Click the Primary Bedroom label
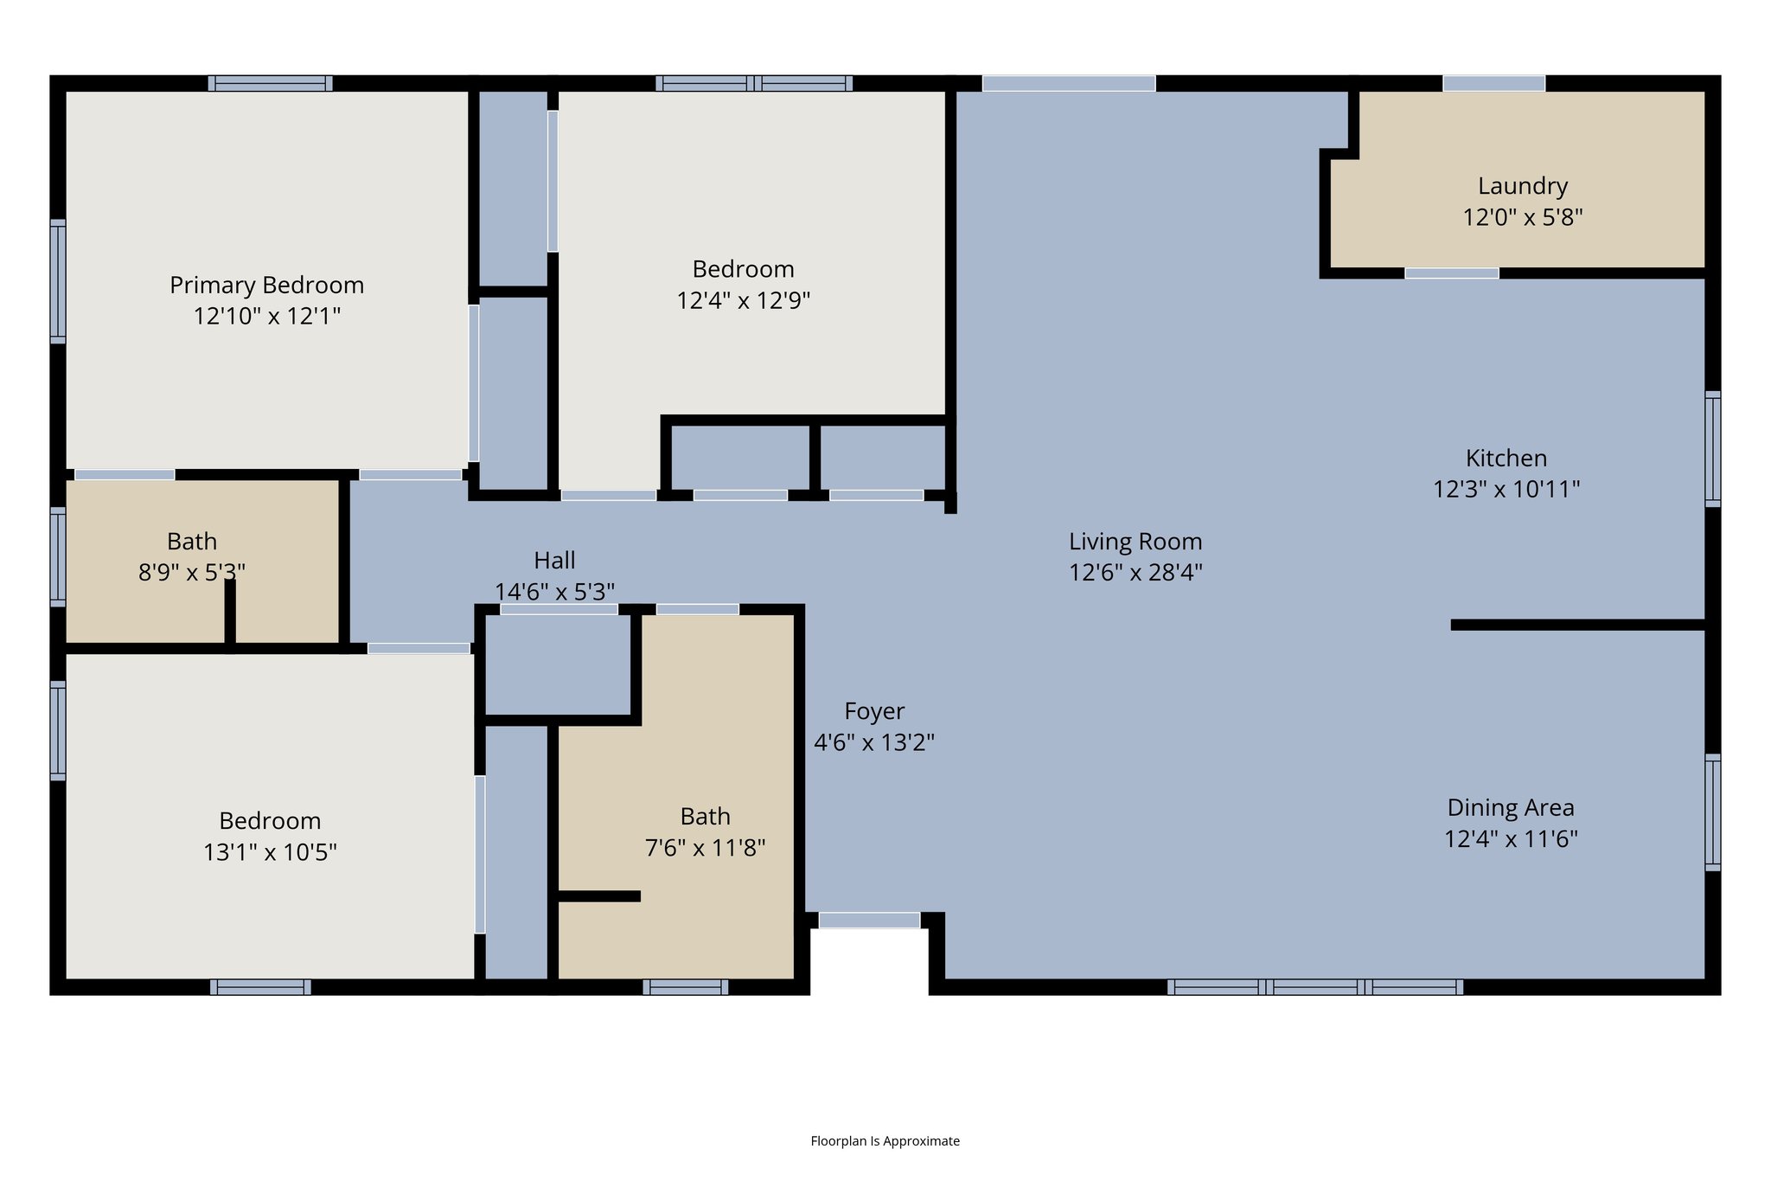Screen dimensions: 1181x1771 pos(266,285)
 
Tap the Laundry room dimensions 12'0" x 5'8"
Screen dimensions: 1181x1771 pos(1522,217)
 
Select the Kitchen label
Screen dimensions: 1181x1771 pos(1506,458)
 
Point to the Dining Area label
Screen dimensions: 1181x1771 pos(1510,807)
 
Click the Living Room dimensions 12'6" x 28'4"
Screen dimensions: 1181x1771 pos(1135,573)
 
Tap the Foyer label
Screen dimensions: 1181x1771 pos(873,711)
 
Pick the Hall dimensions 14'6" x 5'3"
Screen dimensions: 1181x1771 pos(554,592)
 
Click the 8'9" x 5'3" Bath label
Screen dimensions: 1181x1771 pos(192,542)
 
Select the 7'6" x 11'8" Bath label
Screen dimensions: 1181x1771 pos(705,816)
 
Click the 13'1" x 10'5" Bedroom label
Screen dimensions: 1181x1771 pos(270,820)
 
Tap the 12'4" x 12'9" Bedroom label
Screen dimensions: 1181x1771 pos(743,269)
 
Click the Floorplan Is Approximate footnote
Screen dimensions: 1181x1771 pos(885,1141)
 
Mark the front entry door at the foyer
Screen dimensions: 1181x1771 pos(869,920)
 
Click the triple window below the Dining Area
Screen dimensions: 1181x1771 pos(1314,987)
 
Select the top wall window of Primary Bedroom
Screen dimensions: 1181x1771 pos(270,83)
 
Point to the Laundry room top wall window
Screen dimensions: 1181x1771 pos(1493,83)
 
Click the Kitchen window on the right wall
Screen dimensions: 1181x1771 pos(1712,448)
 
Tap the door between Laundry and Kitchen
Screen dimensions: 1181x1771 pos(1451,273)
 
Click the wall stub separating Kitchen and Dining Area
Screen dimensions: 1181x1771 pos(1577,625)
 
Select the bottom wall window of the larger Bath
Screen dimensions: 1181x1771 pos(685,987)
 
